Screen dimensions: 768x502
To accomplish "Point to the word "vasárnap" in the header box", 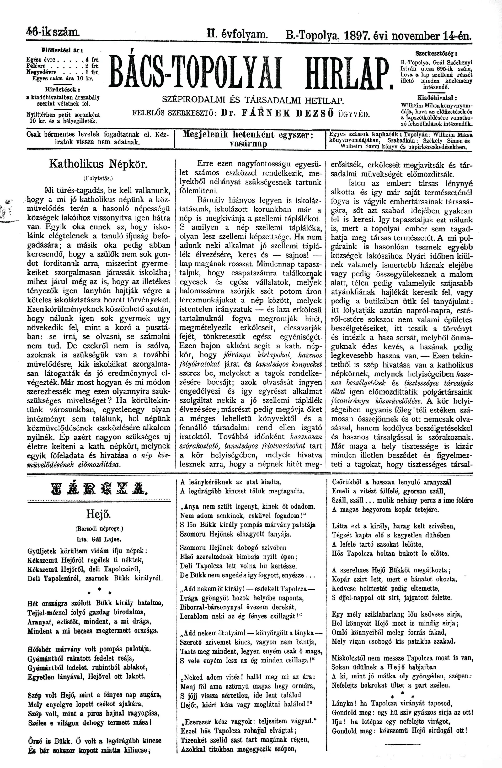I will click(248, 144).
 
